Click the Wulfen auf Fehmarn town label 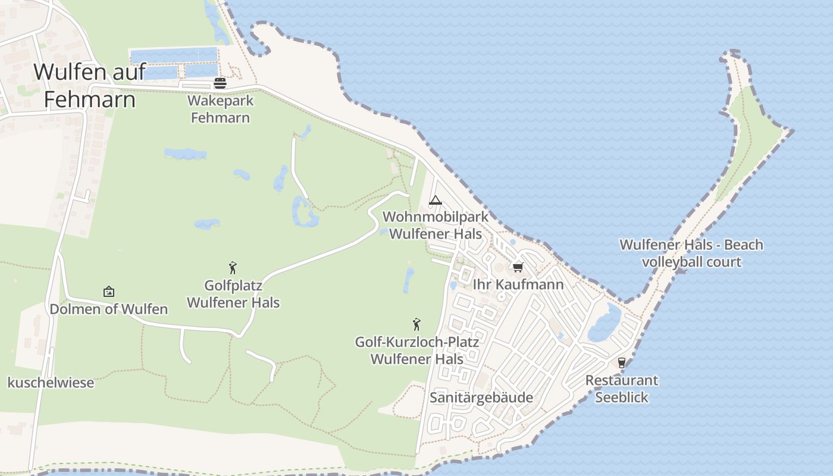(89, 85)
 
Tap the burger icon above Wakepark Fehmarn (220, 83)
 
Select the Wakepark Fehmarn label (220, 109)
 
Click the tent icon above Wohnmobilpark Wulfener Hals (436, 200)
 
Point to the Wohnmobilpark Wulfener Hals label (436, 225)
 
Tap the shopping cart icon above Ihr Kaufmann (518, 267)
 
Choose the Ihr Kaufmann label (518, 284)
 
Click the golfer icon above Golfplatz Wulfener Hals (233, 268)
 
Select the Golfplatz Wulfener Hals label (233, 294)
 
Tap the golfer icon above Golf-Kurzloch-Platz (416, 324)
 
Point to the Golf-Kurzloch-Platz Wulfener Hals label (416, 350)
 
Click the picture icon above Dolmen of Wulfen (108, 292)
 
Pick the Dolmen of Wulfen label (108, 309)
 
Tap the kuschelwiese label (51, 383)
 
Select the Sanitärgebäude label (481, 397)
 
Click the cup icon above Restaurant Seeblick (622, 362)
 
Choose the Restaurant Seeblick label (622, 389)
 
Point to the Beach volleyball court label (691, 253)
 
